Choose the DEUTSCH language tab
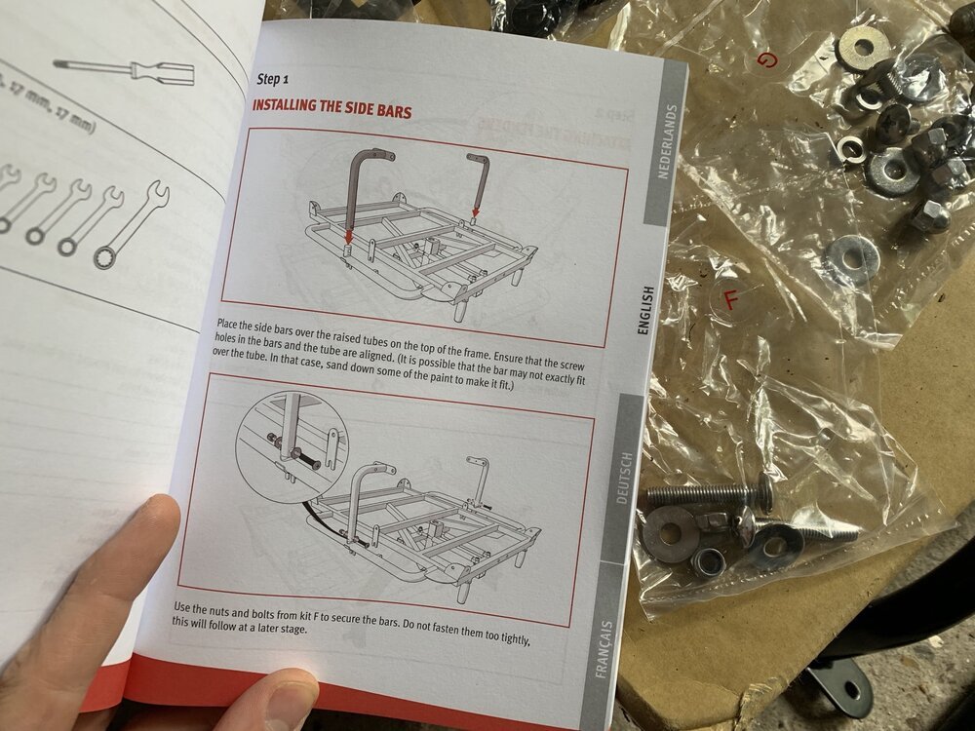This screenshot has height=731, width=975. pyautogui.click(x=623, y=479)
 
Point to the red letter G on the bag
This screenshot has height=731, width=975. pyautogui.click(x=769, y=61)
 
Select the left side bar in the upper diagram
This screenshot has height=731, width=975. pyautogui.click(x=362, y=191)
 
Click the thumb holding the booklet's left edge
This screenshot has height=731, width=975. pyautogui.click(x=97, y=585)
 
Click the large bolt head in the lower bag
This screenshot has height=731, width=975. pyautogui.click(x=762, y=493)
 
